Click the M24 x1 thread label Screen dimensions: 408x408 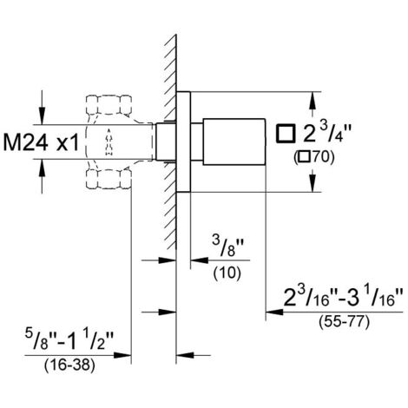point(41,143)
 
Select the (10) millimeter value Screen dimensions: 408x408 point(227,273)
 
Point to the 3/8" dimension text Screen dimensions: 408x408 point(228,248)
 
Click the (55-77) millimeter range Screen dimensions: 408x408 point(345,322)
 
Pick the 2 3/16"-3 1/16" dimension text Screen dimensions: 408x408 point(343,299)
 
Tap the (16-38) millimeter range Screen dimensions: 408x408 point(69,365)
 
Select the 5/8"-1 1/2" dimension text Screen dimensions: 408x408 point(69,341)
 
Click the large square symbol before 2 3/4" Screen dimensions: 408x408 point(286,134)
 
